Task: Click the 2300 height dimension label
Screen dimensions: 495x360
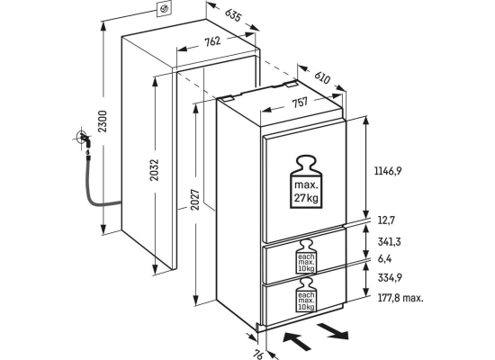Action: [103, 121]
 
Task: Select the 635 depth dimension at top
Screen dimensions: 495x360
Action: [233, 14]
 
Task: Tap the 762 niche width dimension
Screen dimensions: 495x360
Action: [212, 41]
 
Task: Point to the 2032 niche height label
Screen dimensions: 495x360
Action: [155, 170]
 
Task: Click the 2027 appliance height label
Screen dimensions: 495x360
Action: [195, 200]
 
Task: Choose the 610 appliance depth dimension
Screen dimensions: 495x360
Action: [322, 77]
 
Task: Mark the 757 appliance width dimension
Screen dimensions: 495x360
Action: [300, 103]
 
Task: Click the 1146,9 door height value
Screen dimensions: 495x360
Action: [388, 171]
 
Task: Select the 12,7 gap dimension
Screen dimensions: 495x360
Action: [386, 220]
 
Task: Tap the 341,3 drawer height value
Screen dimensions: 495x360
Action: [389, 242]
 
